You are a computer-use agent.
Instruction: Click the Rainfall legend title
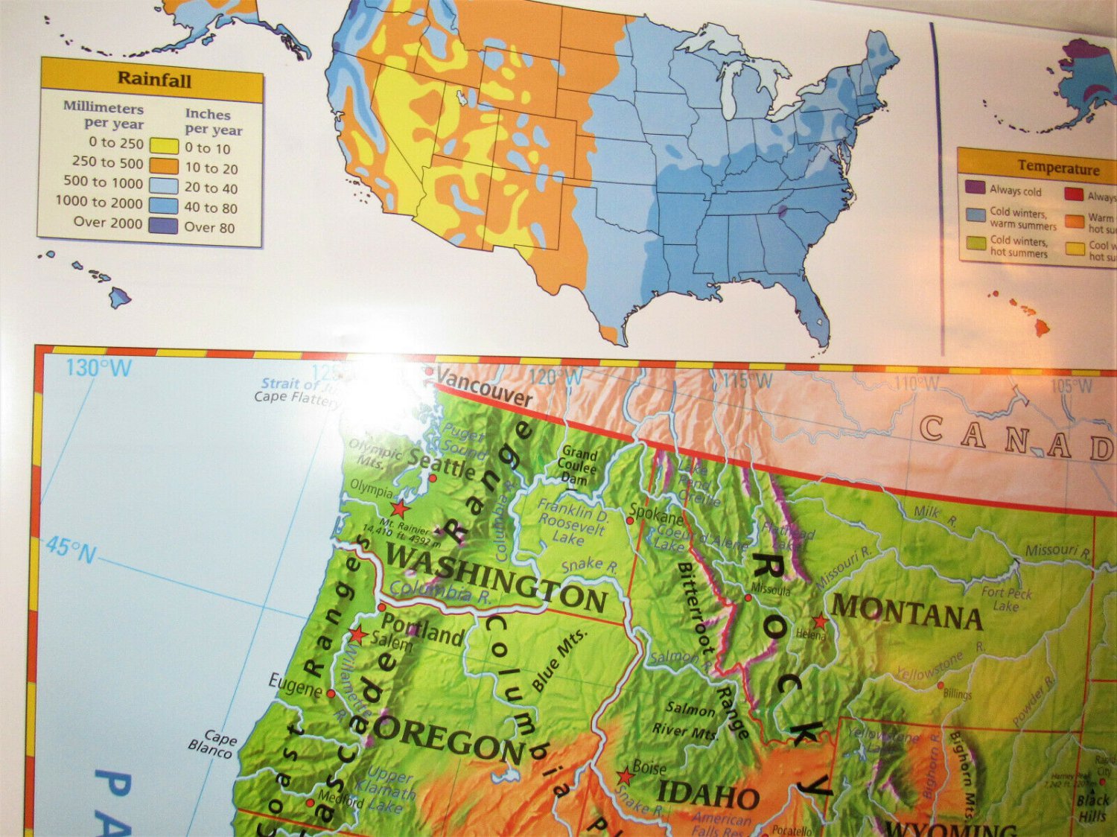click(x=154, y=80)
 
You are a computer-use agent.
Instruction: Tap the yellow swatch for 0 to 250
click(x=164, y=146)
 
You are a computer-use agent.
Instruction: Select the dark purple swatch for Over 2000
click(x=163, y=226)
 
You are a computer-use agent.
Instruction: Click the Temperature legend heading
click(x=1058, y=168)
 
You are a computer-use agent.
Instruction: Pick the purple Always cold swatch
click(x=975, y=187)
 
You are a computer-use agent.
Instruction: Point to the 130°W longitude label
click(x=98, y=367)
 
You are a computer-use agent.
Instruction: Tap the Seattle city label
click(x=442, y=465)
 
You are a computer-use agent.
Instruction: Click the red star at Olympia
click(x=400, y=509)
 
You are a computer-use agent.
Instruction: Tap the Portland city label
click(x=422, y=629)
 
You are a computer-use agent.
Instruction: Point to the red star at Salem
click(x=358, y=634)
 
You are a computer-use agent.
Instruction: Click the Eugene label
click(x=295, y=684)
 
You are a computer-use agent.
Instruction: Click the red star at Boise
click(x=625, y=777)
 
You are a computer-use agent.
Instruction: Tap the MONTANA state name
click(x=906, y=613)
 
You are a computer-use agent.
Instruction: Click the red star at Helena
click(x=820, y=621)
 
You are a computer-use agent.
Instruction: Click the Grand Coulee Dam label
click(x=578, y=465)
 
